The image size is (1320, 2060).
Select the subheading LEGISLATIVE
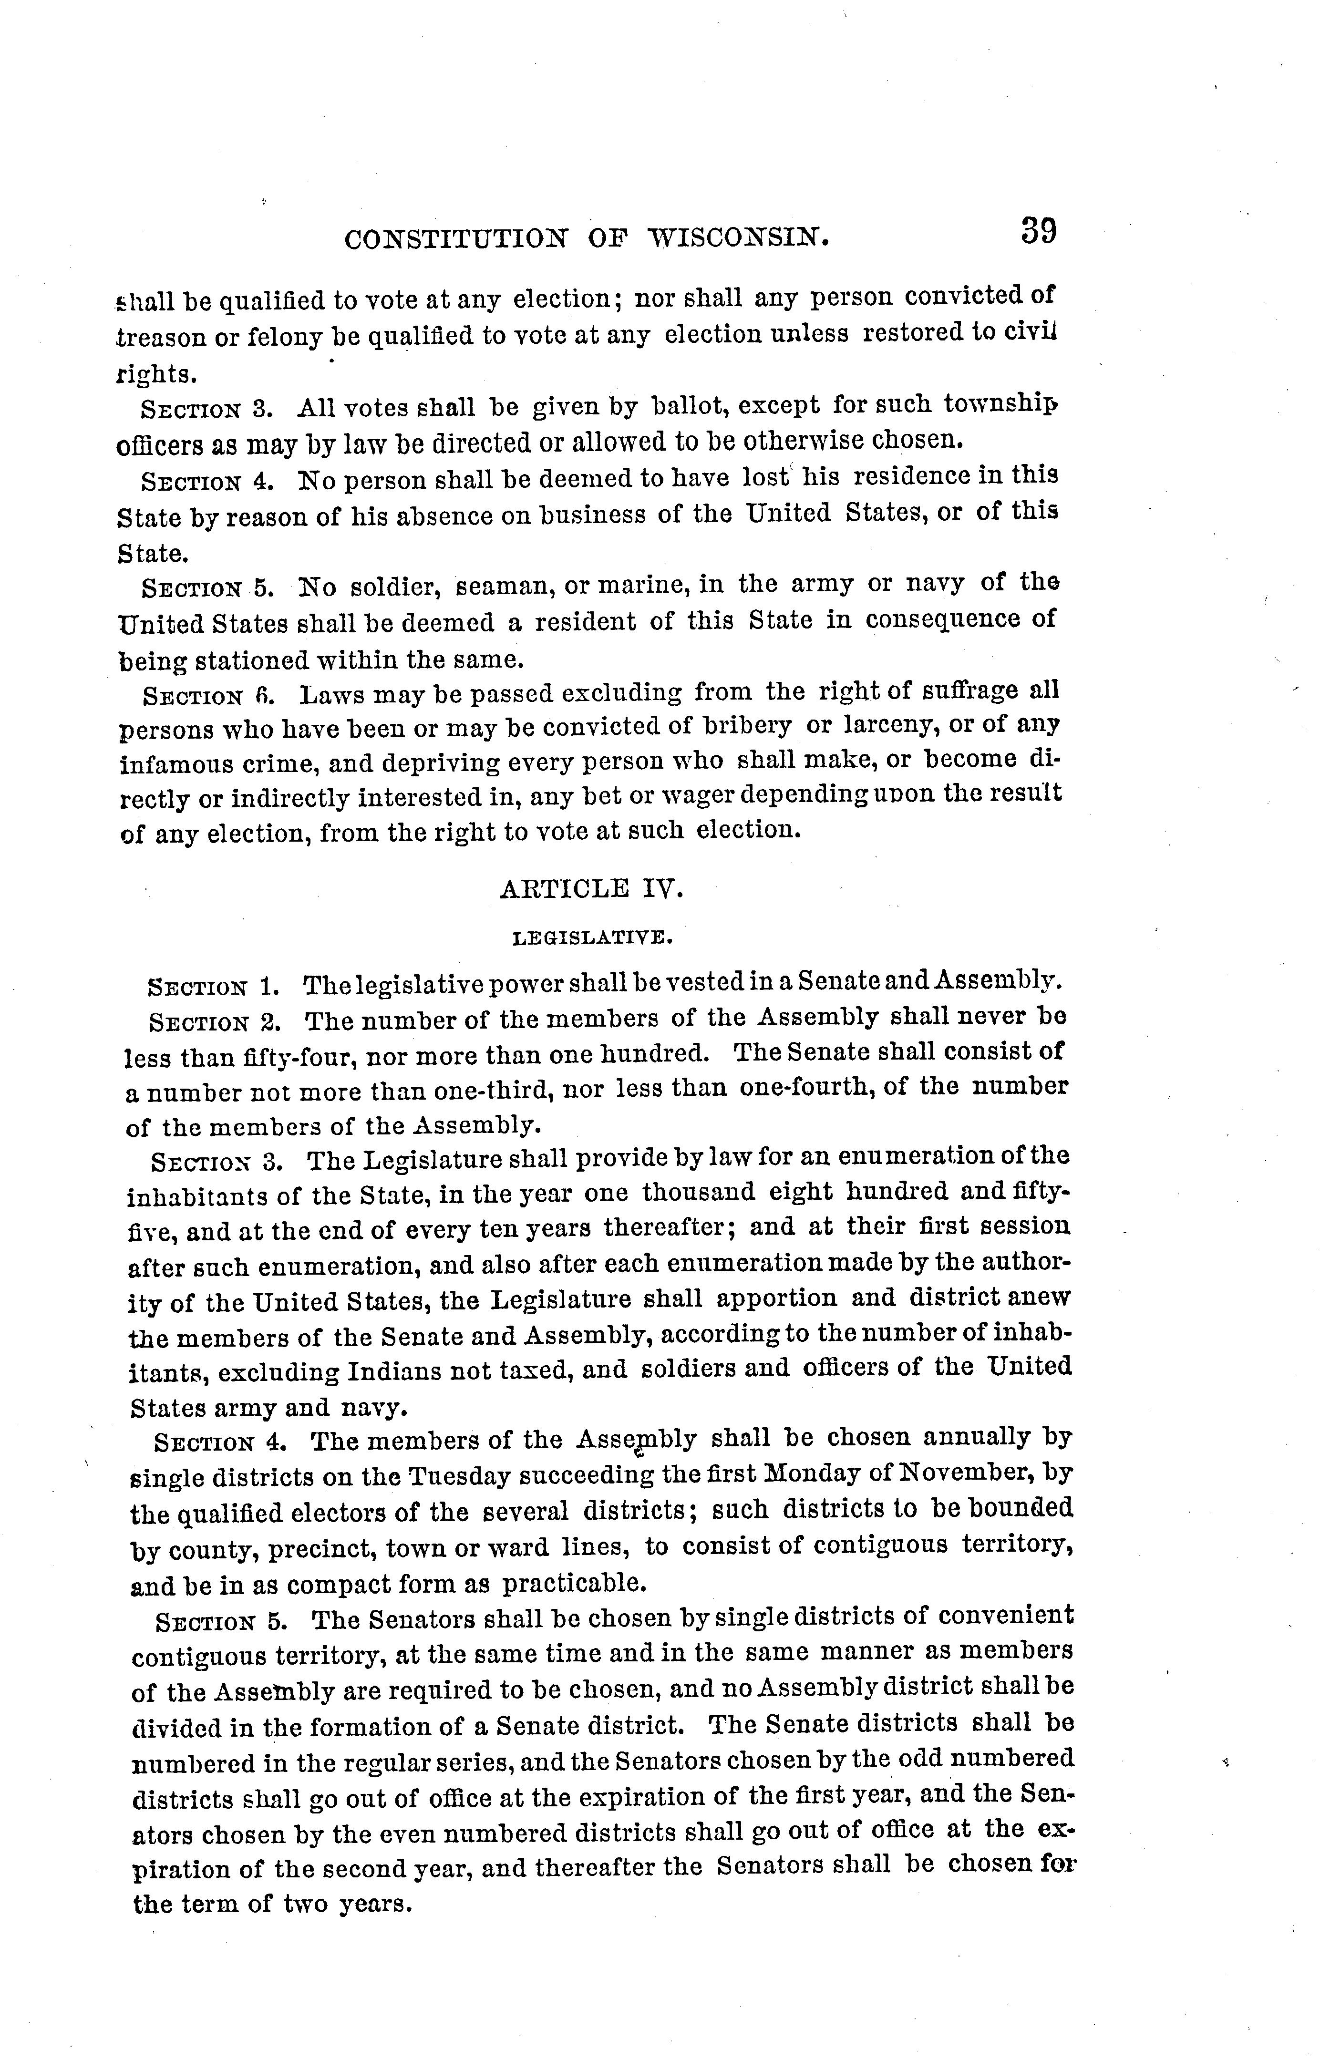point(591,938)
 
